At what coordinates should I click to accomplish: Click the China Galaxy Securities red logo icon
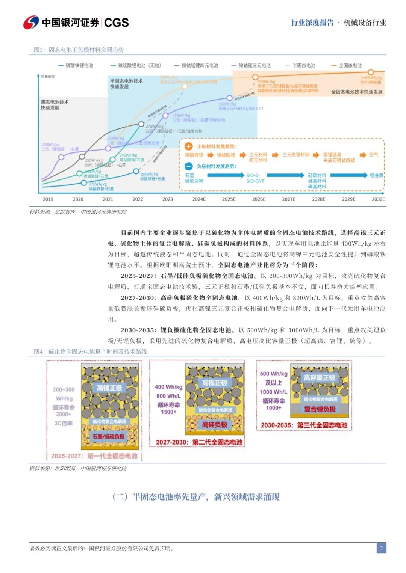31,23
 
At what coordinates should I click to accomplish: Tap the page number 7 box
381,548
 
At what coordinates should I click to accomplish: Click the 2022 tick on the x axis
138,199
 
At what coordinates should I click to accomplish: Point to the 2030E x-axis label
378,199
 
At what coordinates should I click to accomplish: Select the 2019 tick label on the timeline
48,199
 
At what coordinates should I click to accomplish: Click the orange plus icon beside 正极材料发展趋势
189,146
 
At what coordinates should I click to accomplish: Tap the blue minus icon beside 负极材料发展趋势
189,166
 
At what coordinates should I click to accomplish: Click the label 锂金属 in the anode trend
376,175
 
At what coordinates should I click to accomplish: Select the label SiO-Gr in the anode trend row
253,175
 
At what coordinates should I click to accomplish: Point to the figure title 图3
79,50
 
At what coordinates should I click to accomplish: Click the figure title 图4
90,351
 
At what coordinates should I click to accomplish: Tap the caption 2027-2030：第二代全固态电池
199,442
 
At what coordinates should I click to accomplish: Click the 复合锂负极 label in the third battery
320,409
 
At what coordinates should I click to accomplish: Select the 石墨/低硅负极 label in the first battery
108,436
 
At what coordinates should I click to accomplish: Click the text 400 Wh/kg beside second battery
168,387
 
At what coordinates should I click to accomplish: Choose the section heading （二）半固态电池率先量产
196,497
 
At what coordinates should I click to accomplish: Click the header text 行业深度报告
312,23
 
